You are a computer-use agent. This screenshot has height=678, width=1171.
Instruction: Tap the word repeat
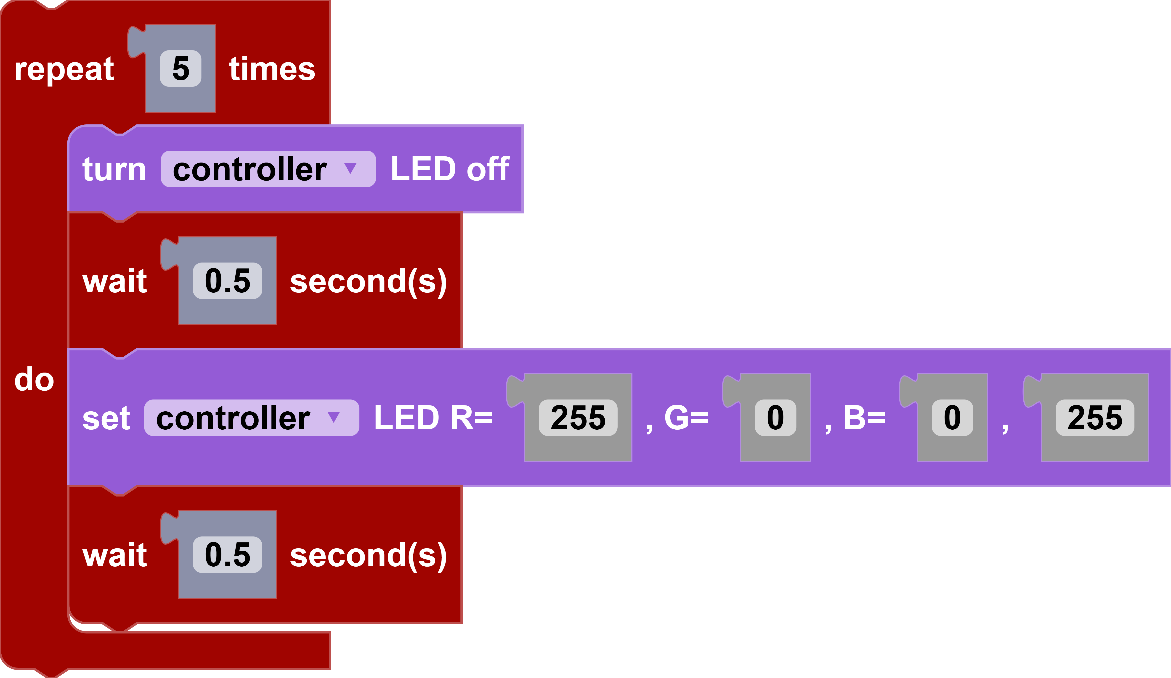(x=64, y=70)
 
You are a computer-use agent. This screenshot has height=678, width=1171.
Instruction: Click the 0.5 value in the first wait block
(x=227, y=281)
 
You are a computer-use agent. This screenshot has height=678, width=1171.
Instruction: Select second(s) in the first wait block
(x=368, y=282)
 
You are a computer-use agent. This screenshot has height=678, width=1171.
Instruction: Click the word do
(x=34, y=380)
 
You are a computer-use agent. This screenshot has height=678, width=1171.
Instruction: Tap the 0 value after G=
(x=775, y=418)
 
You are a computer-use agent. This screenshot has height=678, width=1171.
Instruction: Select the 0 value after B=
(x=952, y=418)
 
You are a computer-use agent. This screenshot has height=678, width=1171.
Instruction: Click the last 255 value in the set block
(x=1094, y=418)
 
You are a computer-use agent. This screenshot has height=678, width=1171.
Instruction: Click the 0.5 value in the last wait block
(x=227, y=555)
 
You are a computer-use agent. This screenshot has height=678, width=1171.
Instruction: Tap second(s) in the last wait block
(x=368, y=556)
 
